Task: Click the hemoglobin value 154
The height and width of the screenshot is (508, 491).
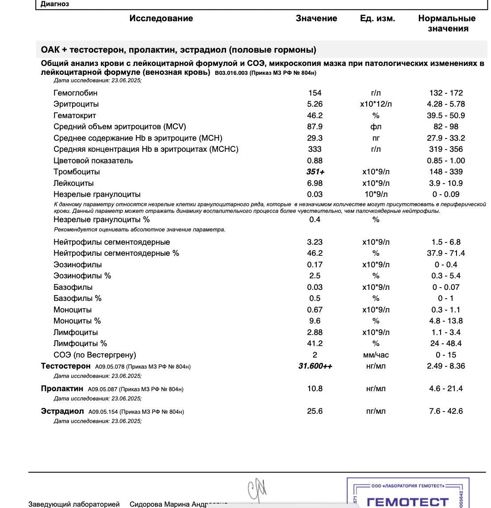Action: coord(315,93)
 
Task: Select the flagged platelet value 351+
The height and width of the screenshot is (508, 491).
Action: coord(315,172)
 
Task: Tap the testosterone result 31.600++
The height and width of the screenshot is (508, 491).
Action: coord(315,366)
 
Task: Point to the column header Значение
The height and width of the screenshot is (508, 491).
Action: coord(316,19)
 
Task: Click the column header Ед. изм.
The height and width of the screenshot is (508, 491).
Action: coord(377,19)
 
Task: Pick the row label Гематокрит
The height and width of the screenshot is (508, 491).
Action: coord(75,115)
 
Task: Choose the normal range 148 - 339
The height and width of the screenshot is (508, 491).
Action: coord(446,172)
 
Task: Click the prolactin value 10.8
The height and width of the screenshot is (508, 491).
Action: coord(315,389)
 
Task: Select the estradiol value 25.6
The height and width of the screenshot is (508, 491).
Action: coord(315,411)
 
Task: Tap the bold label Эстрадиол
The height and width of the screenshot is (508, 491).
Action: coord(62,411)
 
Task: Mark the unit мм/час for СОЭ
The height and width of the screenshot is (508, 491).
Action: coord(376,355)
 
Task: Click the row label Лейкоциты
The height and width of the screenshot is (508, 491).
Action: coord(73,183)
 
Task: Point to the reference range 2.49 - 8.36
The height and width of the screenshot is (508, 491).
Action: coord(446,366)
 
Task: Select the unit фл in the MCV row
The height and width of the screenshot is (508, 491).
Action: coord(376,127)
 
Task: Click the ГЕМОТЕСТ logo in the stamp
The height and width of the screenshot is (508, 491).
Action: coord(407,502)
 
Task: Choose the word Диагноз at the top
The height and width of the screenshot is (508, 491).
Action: coord(55,4)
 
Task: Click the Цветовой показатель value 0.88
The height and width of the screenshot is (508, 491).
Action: coord(315,161)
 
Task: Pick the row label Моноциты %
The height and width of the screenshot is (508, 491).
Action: coord(77,321)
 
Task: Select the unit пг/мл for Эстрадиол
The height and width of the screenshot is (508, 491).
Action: coord(376,411)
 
